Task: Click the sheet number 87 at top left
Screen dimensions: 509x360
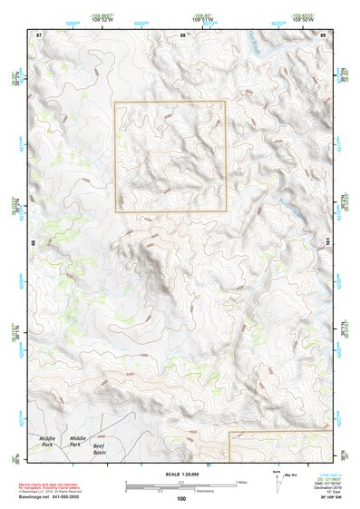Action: pos(38,34)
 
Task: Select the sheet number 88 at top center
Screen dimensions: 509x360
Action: pos(182,34)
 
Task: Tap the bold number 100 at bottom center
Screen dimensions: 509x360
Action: pos(181,498)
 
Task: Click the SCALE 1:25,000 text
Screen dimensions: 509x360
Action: pos(181,473)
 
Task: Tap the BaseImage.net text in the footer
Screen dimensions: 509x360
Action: pos(46,494)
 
